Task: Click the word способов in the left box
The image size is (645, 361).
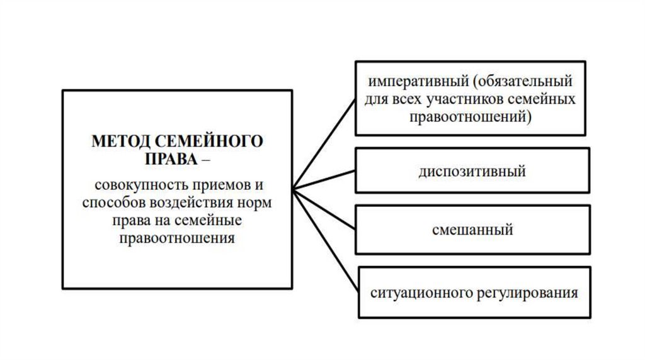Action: point(111,203)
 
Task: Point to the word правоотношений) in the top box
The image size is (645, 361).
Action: point(471,116)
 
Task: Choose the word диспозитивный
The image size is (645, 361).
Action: point(472,171)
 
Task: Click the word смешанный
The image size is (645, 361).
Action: point(472,230)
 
